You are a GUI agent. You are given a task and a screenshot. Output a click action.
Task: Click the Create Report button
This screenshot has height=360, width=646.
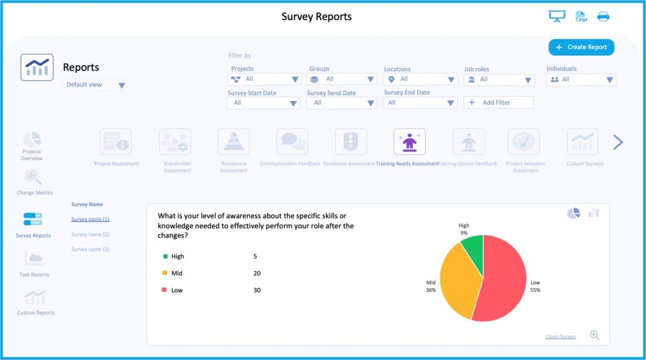click(x=581, y=47)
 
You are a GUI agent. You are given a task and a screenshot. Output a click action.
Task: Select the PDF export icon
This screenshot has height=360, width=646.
click(x=581, y=17)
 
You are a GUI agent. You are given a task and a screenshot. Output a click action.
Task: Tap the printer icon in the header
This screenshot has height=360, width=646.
click(x=603, y=17)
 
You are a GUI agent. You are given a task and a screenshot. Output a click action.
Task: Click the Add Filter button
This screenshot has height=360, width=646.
click(x=498, y=102)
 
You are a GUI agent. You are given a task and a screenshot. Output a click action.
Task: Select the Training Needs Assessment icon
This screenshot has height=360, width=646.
click(x=409, y=142)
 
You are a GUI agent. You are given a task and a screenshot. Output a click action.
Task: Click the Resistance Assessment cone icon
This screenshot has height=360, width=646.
click(x=233, y=142)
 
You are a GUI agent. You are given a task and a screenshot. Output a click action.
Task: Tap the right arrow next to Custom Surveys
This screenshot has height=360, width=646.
click(x=618, y=142)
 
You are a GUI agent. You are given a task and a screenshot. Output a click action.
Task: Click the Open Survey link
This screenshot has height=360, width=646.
click(x=560, y=337)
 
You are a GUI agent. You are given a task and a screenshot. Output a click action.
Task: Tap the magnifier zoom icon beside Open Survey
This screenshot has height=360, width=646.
click(x=594, y=335)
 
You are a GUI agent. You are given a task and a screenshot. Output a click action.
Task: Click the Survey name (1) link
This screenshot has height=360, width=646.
click(x=90, y=219)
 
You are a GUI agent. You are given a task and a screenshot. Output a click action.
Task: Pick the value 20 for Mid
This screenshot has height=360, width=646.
click(x=257, y=274)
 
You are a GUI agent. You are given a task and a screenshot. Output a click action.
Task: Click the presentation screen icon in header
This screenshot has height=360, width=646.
click(x=557, y=17)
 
